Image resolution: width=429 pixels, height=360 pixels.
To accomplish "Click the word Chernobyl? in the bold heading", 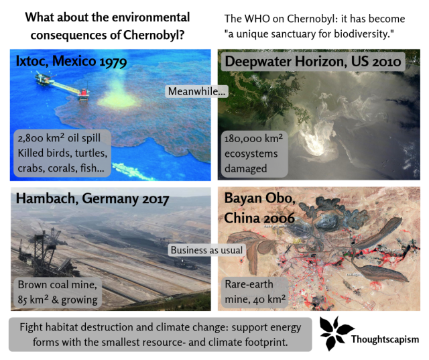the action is click(x=154, y=35).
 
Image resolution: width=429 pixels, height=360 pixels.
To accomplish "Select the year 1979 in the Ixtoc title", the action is click(x=113, y=62).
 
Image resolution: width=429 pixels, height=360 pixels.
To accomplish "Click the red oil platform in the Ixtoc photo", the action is click(x=84, y=94).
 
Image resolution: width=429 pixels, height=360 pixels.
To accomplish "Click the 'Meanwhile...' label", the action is click(x=196, y=91).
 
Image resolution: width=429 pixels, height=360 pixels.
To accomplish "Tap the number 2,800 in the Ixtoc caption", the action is click(x=30, y=138).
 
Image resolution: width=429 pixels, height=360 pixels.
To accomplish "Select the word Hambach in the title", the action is click(x=45, y=198).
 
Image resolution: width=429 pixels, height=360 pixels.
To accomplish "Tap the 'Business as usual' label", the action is click(x=206, y=250).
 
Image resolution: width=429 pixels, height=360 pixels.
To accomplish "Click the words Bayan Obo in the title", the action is click(x=259, y=198).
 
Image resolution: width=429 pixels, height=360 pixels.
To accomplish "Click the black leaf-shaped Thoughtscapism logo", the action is click(x=335, y=333).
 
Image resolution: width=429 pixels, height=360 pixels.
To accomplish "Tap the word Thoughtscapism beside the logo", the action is click(x=385, y=339).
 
